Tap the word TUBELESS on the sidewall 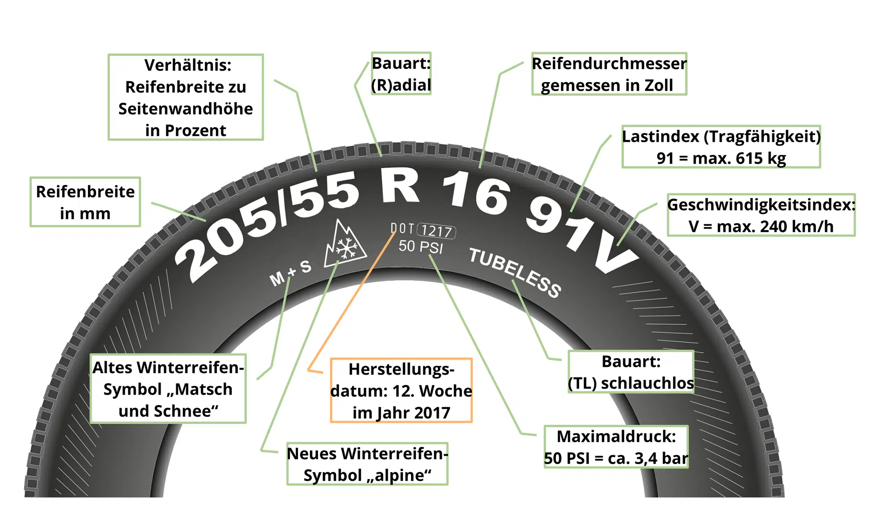tap(515, 272)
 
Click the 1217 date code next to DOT tap(436, 231)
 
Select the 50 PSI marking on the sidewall tap(420, 247)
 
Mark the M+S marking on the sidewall tap(290, 273)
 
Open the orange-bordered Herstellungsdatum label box tap(401, 390)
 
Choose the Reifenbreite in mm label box tap(85, 202)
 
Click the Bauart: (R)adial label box tap(401, 74)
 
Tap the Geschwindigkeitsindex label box tap(761, 215)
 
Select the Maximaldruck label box tap(616, 447)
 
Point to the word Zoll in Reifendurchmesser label tap(658, 85)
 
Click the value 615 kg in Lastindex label tap(761, 158)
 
